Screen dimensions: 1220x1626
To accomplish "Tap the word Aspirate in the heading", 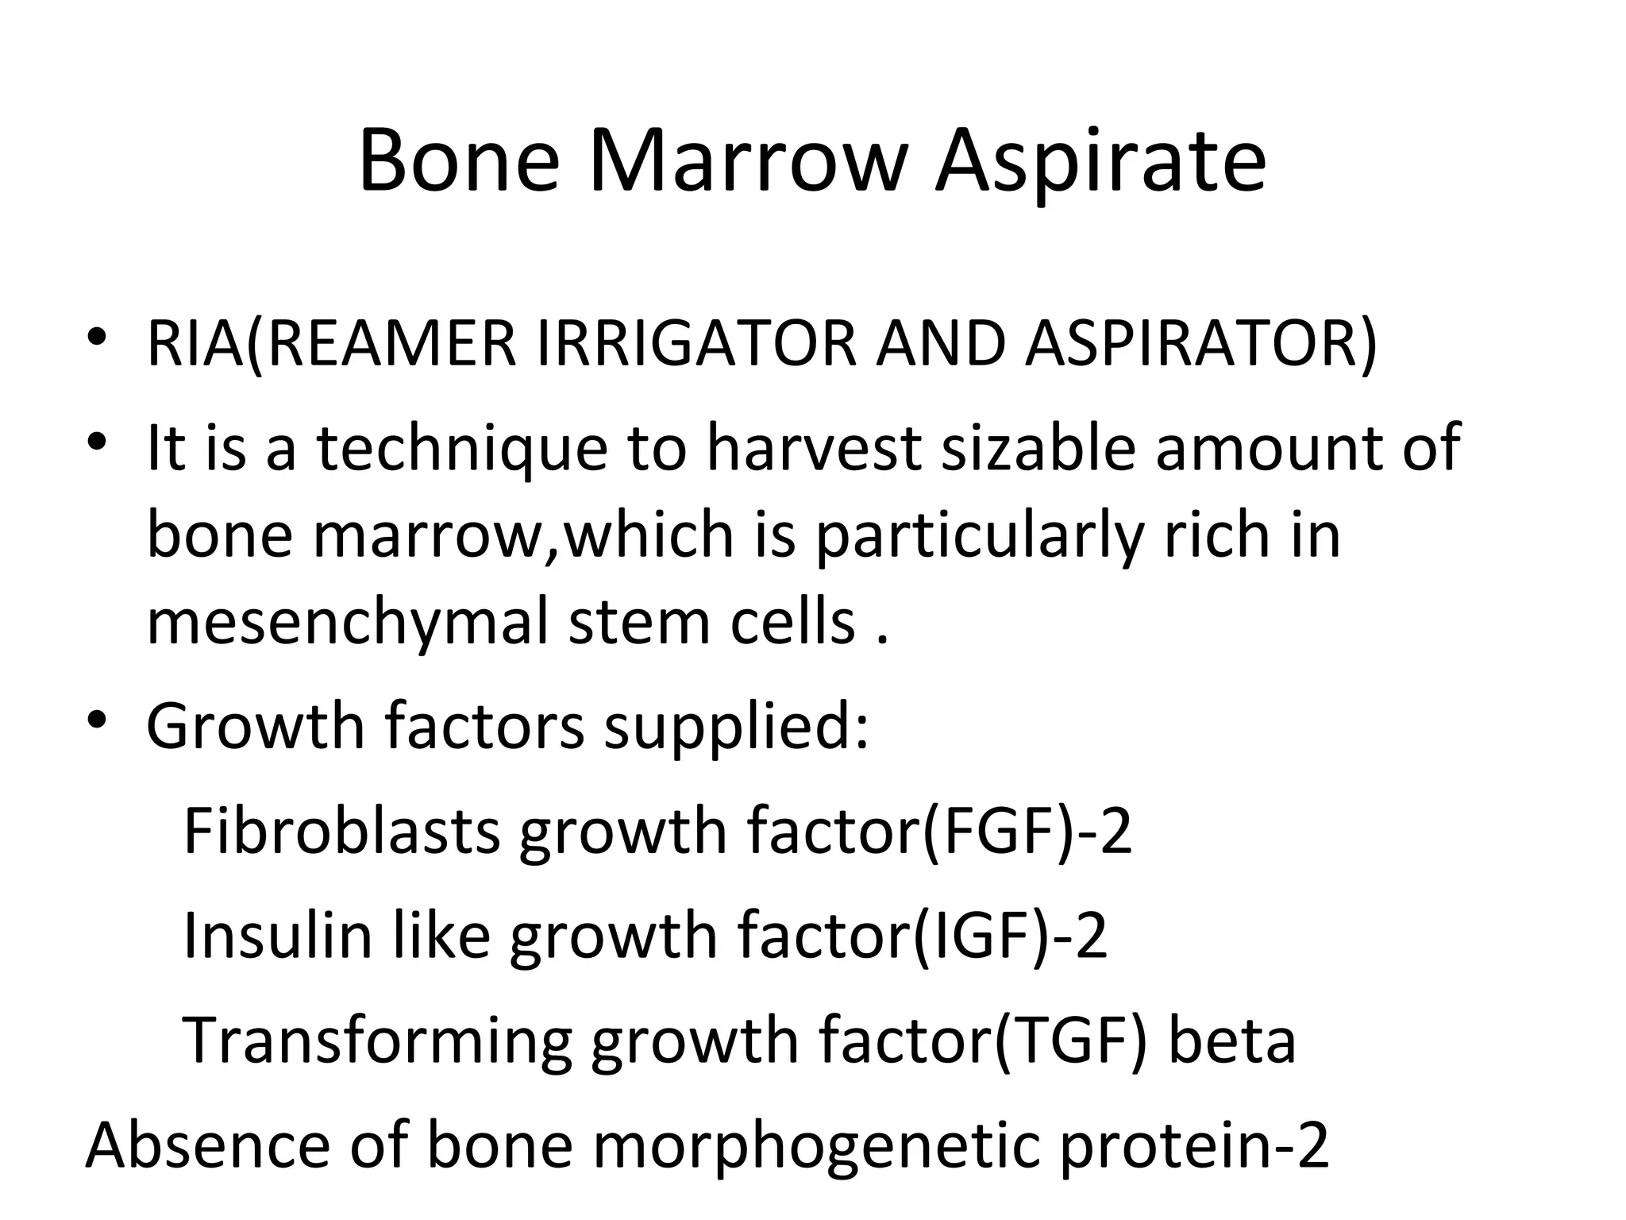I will pyautogui.click(x=1100, y=163).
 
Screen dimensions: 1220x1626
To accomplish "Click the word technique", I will pyautogui.click(x=463, y=450).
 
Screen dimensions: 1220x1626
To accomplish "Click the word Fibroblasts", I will pyautogui.click(x=341, y=831).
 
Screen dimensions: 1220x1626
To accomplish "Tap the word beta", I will pyautogui.click(x=1231, y=1040).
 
